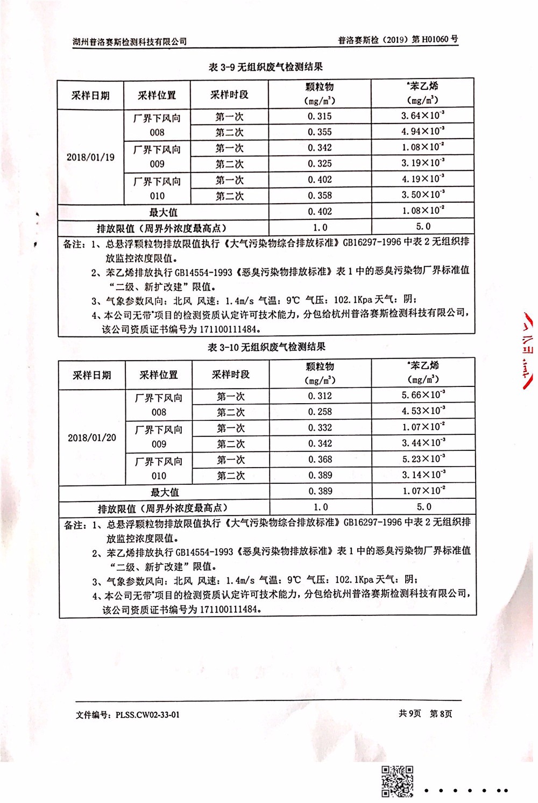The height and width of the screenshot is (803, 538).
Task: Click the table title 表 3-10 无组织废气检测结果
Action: [x=266, y=347]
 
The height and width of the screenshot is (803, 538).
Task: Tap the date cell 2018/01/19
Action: [x=90, y=157]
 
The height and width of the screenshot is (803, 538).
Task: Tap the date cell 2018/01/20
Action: [x=91, y=438]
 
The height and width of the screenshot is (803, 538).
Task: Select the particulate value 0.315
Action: [x=320, y=116]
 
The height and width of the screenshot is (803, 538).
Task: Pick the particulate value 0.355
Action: [x=320, y=132]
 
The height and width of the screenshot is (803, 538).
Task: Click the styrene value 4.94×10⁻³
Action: [x=422, y=132]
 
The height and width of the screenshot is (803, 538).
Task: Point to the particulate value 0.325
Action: [x=320, y=164]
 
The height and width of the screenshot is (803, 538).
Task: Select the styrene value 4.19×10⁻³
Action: [x=422, y=179]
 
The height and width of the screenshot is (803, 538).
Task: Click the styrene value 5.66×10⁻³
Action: [x=423, y=396]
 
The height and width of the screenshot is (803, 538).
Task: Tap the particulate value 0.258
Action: [x=320, y=412]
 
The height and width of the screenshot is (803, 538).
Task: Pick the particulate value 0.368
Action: [x=320, y=460]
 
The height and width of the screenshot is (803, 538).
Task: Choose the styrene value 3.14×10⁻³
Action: [x=423, y=475]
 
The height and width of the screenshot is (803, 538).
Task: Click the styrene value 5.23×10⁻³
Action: [x=423, y=459]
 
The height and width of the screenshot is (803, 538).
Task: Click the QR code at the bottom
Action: [x=398, y=781]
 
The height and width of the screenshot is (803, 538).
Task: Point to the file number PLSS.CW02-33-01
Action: [x=147, y=715]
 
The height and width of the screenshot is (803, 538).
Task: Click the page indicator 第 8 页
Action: [x=441, y=714]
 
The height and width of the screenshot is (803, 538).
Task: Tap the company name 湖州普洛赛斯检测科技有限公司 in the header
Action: [x=130, y=41]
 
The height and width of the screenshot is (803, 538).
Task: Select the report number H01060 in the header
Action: [x=436, y=39]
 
